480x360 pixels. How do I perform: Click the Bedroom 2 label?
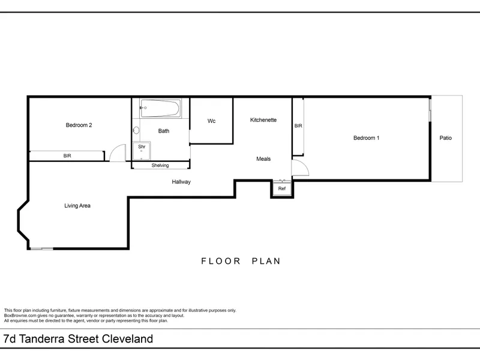point(79,125)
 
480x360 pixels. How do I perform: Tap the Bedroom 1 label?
point(366,138)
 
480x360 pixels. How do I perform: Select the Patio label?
point(445,138)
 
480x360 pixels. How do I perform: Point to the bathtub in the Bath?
point(160,108)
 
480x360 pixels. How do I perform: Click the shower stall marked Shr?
point(142,151)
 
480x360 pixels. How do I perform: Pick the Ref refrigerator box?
point(282,188)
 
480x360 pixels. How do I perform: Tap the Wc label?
point(211,121)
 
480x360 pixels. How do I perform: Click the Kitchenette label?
point(263,120)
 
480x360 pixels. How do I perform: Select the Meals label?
point(263,159)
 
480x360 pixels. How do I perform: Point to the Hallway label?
point(181,182)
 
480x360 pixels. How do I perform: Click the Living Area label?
point(77,206)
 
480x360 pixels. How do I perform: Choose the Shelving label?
point(160,166)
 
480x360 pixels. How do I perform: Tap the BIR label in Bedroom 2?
point(67,156)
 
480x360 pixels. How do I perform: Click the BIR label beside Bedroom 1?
point(298,126)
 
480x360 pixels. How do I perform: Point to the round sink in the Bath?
point(136,130)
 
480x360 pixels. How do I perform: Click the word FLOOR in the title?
point(221,261)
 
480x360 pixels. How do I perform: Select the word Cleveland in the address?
point(127,339)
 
